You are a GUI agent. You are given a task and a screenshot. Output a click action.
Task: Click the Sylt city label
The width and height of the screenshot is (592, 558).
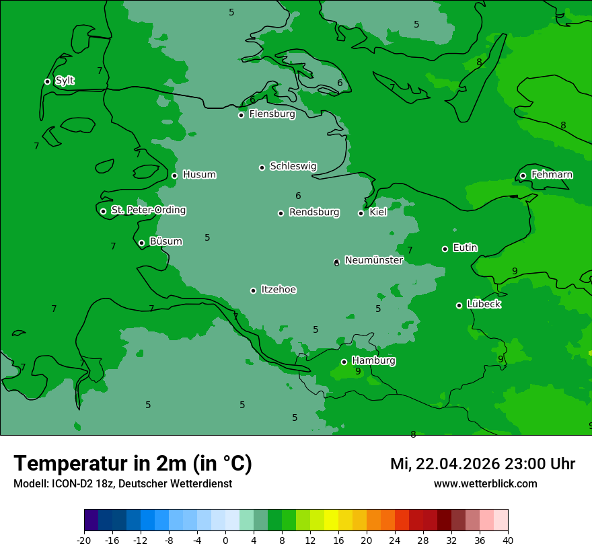(x=65, y=81)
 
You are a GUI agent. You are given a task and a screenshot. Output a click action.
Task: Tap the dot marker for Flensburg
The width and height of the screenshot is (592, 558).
(x=241, y=115)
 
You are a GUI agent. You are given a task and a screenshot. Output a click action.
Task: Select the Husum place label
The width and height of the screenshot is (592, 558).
(x=199, y=175)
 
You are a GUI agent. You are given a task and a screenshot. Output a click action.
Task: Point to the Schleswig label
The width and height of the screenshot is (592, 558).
(x=293, y=166)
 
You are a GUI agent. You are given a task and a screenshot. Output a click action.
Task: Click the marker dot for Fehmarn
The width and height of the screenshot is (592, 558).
(x=523, y=175)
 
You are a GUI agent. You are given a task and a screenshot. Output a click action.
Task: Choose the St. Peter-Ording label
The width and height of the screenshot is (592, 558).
(x=148, y=210)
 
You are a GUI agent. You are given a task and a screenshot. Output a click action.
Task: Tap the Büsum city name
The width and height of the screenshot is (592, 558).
(x=165, y=241)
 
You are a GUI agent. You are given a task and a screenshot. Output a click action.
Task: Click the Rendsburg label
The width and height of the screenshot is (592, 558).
(x=314, y=212)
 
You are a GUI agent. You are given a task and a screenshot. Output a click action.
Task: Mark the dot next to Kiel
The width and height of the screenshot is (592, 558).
(x=361, y=213)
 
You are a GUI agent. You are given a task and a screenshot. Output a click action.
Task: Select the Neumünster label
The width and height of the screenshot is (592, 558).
(x=373, y=260)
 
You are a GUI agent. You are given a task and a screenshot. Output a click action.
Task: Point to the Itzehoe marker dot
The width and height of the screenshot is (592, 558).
(x=253, y=290)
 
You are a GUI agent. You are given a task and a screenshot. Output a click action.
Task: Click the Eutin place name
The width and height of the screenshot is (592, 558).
(x=465, y=248)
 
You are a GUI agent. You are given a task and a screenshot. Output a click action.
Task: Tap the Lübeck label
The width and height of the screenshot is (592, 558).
(x=484, y=305)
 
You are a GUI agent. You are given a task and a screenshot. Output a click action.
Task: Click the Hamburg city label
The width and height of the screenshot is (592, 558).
(x=373, y=361)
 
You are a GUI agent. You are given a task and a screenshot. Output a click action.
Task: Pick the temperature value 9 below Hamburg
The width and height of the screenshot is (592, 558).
(x=358, y=372)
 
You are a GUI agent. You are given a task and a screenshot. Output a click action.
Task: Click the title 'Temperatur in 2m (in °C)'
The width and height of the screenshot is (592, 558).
(x=133, y=464)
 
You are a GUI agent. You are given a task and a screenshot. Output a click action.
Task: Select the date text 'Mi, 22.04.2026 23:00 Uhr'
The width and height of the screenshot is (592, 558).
(x=482, y=464)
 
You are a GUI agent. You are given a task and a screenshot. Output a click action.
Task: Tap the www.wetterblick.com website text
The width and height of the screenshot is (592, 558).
(x=485, y=484)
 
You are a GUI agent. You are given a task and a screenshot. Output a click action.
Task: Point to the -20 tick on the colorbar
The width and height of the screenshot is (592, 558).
(x=84, y=540)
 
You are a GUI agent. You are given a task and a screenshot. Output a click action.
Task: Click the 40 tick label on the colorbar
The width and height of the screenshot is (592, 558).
(x=508, y=540)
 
